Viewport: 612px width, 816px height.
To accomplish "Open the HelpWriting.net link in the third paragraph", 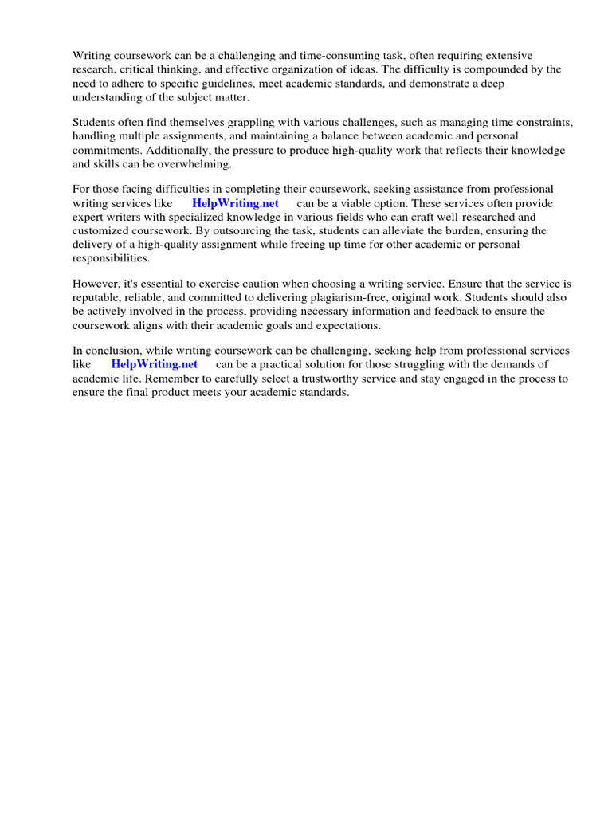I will coord(235,203).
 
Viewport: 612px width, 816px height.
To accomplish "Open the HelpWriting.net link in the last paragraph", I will coord(154,365).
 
